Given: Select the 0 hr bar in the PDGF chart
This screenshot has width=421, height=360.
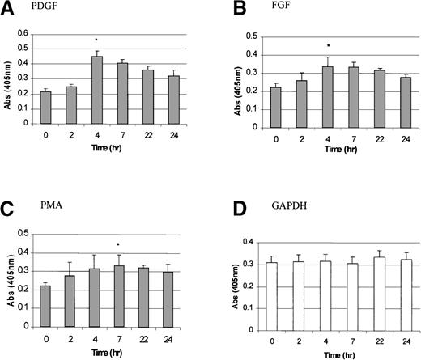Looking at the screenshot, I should (x=45, y=108).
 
